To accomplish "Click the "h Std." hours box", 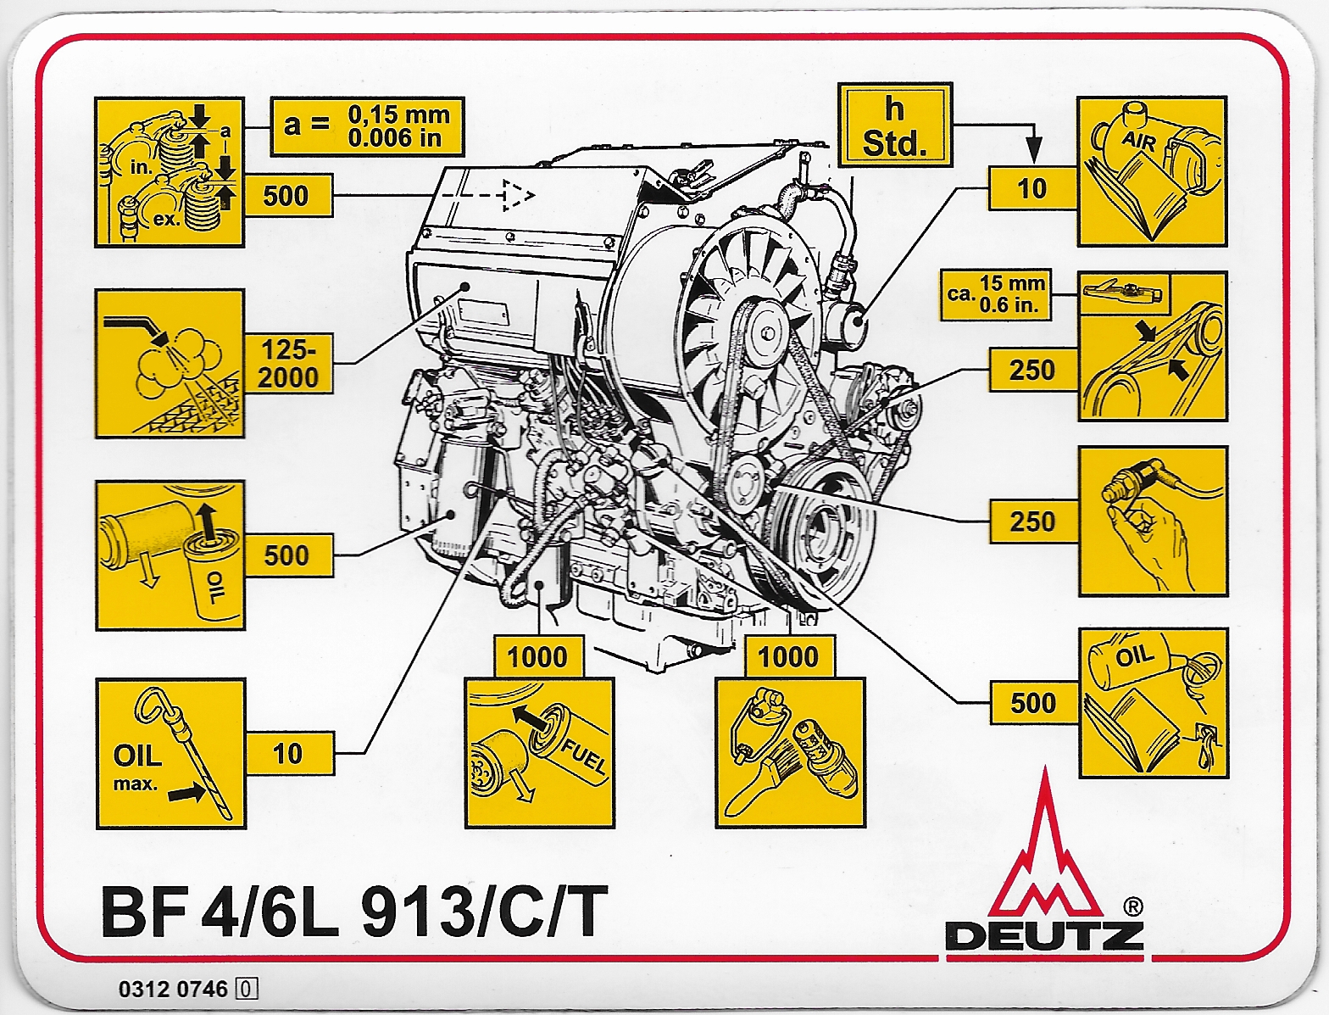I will (894, 125).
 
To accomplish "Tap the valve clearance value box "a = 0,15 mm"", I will (367, 126).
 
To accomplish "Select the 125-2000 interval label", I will (288, 365).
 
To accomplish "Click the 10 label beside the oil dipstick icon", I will (288, 753).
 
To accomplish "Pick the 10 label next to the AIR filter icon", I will (1032, 188).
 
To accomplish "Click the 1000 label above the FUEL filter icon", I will (537, 656).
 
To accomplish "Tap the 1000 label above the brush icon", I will (788, 656).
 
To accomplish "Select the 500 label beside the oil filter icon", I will (288, 556).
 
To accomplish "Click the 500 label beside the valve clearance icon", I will (286, 196).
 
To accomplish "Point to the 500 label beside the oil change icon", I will (1033, 703).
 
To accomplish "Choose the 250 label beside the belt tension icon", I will (1032, 371).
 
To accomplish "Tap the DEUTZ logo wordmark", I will (1044, 935).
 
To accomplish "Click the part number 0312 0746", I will (174, 989).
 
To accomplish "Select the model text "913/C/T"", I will (484, 912).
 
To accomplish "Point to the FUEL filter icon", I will (538, 753).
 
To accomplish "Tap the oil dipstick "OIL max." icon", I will (170, 753).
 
